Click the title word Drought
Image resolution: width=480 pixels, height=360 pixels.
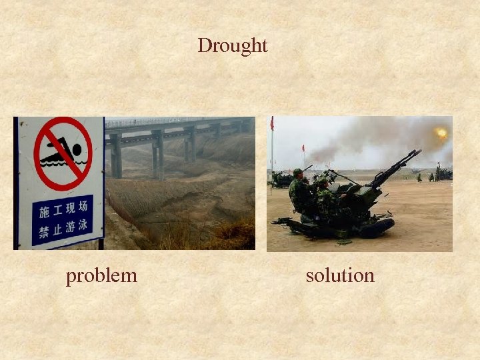[x=232, y=45]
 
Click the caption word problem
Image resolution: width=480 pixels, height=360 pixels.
[x=101, y=275]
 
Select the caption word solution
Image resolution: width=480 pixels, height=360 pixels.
[x=340, y=275]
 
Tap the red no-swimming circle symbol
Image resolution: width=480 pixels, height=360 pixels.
[x=63, y=154]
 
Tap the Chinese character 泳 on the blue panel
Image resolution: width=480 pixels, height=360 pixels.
[x=83, y=225]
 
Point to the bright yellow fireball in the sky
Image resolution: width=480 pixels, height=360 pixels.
[x=441, y=133]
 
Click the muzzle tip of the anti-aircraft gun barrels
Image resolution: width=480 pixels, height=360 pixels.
[x=418, y=152]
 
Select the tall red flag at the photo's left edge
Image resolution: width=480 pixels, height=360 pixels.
[x=272, y=123]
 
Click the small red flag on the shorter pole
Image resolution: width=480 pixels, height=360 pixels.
[x=303, y=147]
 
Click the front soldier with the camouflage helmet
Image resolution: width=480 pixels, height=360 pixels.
[x=324, y=193]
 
